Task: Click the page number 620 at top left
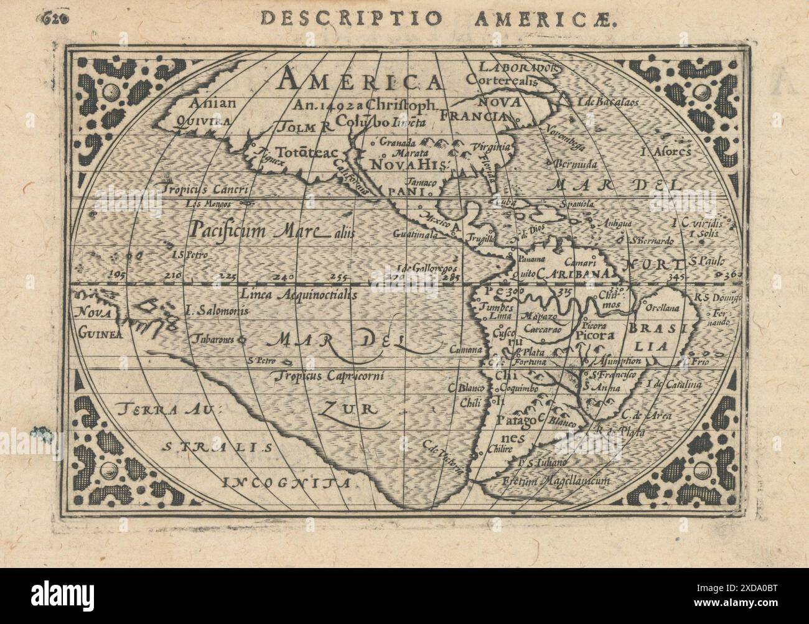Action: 57,18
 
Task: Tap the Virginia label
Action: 495,147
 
